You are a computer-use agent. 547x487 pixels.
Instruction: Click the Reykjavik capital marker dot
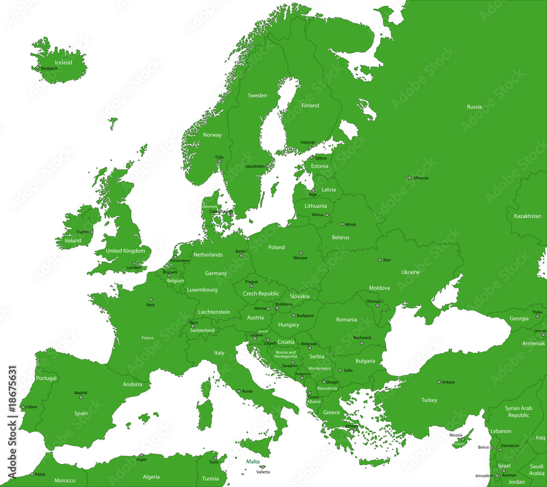tap(38, 68)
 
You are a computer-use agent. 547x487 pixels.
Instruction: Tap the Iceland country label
tap(63, 62)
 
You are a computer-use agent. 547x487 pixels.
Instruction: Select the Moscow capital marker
tap(409, 177)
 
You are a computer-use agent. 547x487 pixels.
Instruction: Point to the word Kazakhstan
tap(527, 216)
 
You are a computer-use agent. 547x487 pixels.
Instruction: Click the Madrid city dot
tap(80, 397)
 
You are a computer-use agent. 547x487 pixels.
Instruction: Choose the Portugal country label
tap(46, 379)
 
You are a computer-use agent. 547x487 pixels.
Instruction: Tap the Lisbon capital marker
tap(22, 407)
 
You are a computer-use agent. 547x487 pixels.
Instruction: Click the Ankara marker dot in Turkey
tap(439, 382)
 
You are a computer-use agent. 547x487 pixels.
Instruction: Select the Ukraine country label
tap(410, 272)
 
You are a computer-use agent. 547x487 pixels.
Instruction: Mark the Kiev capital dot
tap(380, 260)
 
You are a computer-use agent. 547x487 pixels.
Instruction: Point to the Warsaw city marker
tap(300, 253)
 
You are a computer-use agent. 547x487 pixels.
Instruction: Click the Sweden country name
tap(258, 95)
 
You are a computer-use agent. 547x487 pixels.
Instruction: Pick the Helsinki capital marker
tap(310, 147)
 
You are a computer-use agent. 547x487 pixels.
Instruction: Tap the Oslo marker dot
tap(219, 162)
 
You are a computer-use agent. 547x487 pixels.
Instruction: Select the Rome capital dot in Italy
tap(238, 391)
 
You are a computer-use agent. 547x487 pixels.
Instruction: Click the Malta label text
tap(253, 462)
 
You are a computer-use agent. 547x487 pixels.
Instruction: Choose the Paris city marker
tap(150, 300)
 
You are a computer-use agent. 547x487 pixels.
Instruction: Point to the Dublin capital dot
tap(92, 232)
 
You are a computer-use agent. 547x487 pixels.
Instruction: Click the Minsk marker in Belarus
tap(342, 224)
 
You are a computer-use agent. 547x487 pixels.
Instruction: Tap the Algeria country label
tap(151, 477)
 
